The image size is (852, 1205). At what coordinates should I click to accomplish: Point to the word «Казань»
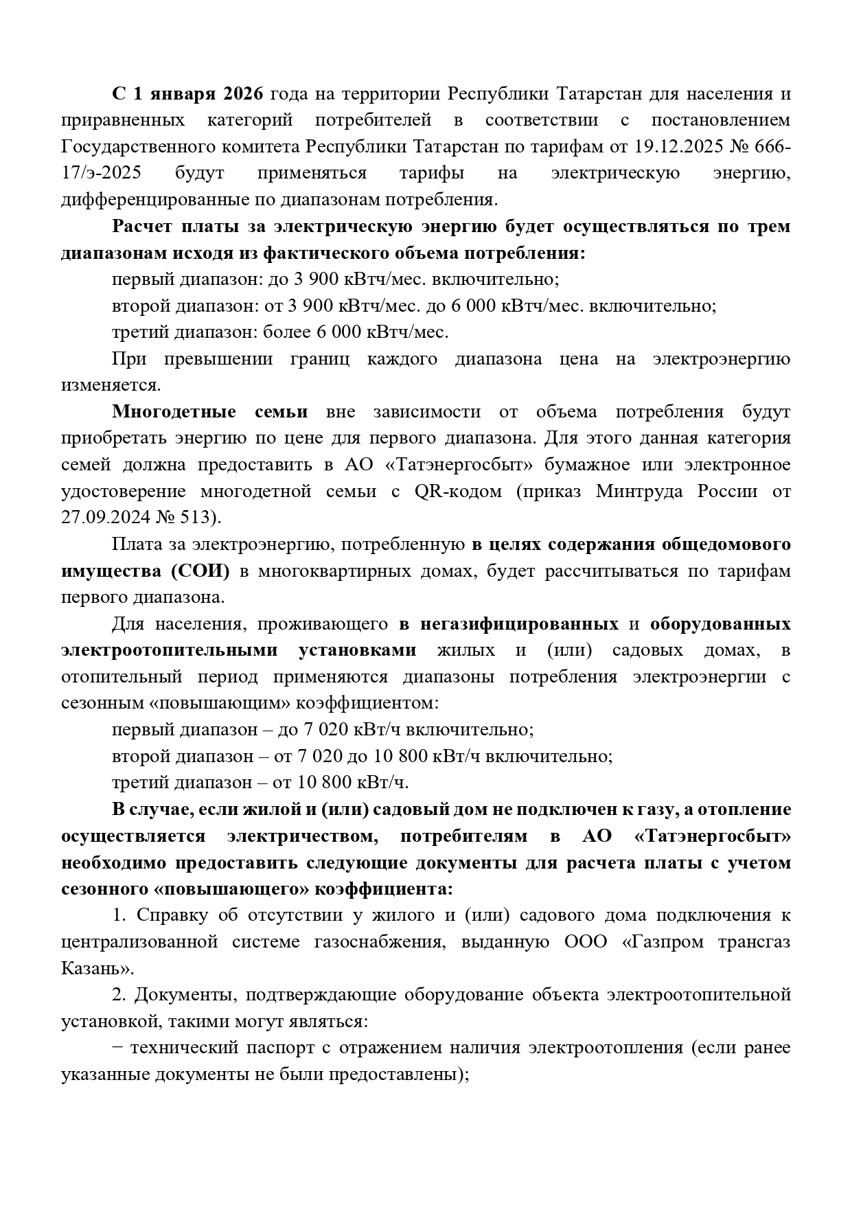[95, 968]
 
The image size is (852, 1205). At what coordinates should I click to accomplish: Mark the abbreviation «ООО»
[585, 941]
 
